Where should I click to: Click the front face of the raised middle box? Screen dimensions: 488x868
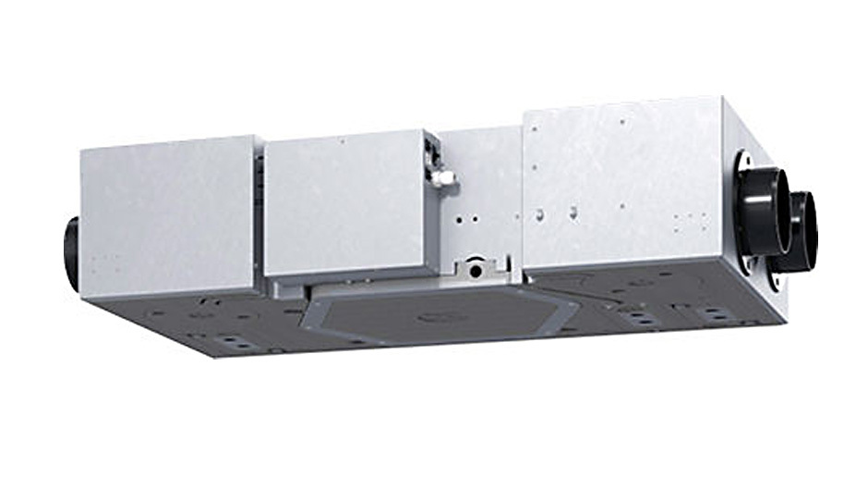(x=344, y=203)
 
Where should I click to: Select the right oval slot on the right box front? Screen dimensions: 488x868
(x=573, y=213)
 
